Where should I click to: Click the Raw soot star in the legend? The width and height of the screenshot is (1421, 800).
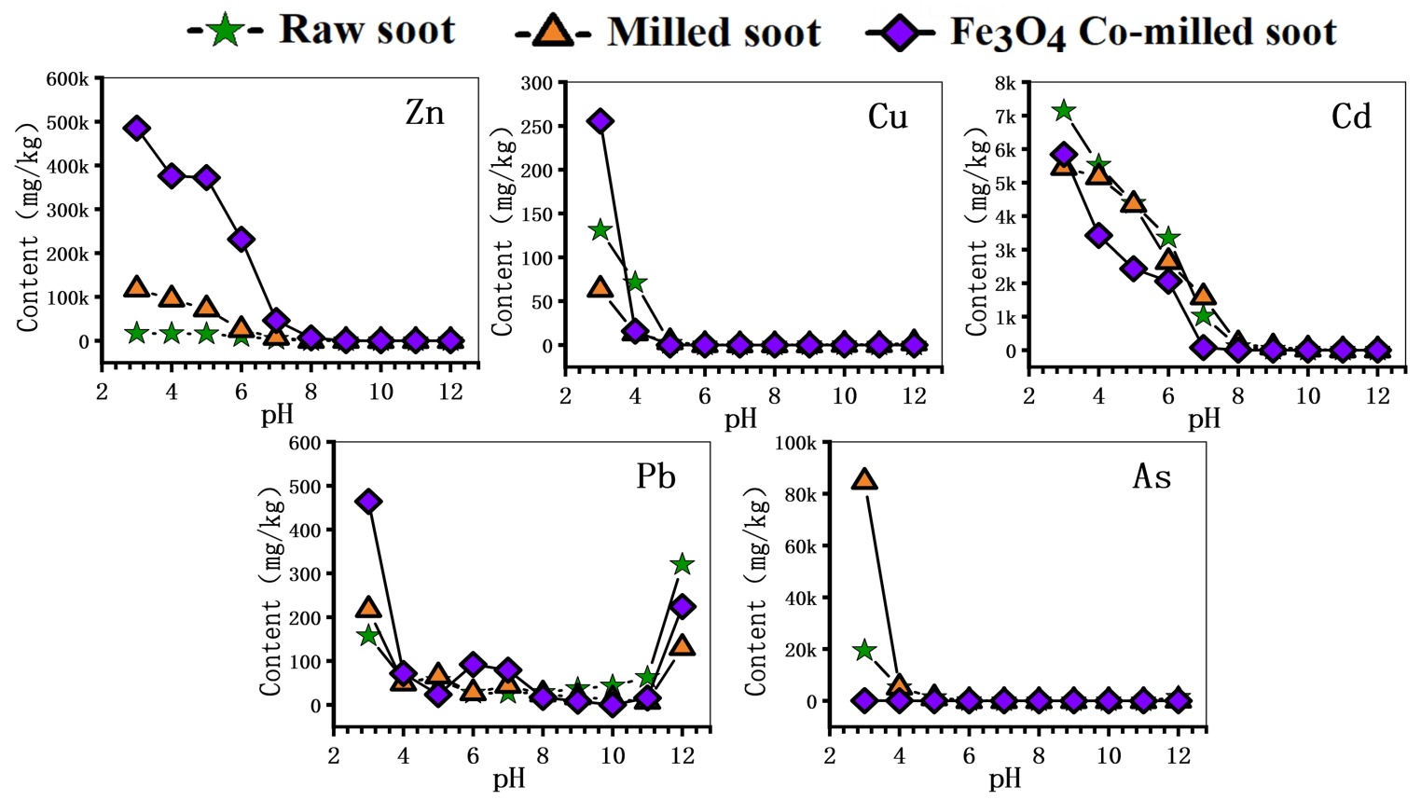[x=225, y=30]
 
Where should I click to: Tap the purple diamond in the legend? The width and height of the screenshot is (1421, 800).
[x=898, y=32]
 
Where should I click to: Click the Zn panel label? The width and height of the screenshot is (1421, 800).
[x=424, y=113]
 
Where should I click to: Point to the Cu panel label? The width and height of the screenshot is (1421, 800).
[x=887, y=117]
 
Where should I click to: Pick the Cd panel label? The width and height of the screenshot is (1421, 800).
[x=1351, y=117]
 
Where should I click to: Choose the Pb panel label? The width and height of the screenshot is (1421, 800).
[x=655, y=476]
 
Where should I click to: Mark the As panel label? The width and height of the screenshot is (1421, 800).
[x=1152, y=476]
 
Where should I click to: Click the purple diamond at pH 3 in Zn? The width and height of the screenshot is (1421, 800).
[x=137, y=129]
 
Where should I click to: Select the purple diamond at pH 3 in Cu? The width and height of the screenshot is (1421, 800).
[x=600, y=121]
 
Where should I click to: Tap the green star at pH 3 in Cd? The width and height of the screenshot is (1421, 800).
[x=1064, y=111]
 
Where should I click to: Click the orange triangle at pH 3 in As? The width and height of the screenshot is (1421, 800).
[x=864, y=479]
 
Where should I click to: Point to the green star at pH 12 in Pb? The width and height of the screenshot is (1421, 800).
[x=683, y=564]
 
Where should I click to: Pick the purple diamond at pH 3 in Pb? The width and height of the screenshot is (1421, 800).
[x=368, y=502]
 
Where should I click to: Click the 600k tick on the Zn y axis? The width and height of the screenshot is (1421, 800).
[x=68, y=79]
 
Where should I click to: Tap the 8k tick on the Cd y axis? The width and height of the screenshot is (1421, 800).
[x=1005, y=83]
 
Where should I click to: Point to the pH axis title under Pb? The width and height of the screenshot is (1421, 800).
[x=509, y=779]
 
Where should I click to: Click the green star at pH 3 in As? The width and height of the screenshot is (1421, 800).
[x=864, y=650]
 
